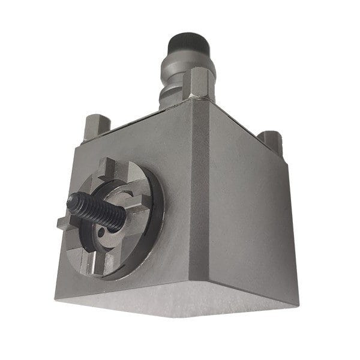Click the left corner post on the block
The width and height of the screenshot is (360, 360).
(x=96, y=125)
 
